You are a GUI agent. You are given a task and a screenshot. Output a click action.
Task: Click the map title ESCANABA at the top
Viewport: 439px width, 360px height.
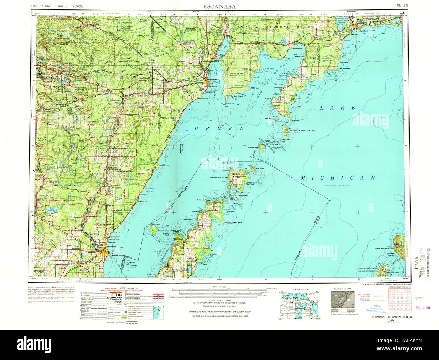tap(219, 6)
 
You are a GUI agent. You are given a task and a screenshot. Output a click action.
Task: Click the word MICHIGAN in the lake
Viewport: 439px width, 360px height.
tap(338, 178)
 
